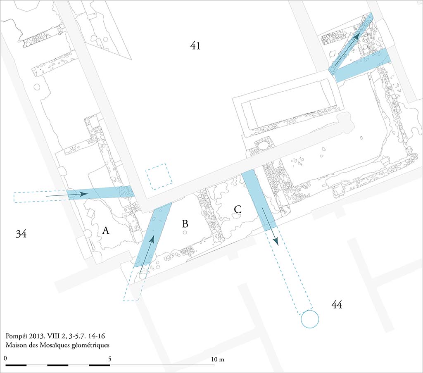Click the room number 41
(195, 45)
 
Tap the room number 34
(21, 234)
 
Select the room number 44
(337, 305)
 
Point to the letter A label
(105, 231)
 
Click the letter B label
(185, 224)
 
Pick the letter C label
(237, 209)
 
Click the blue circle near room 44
(310, 319)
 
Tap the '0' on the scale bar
(5, 359)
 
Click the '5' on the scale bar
(109, 359)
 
